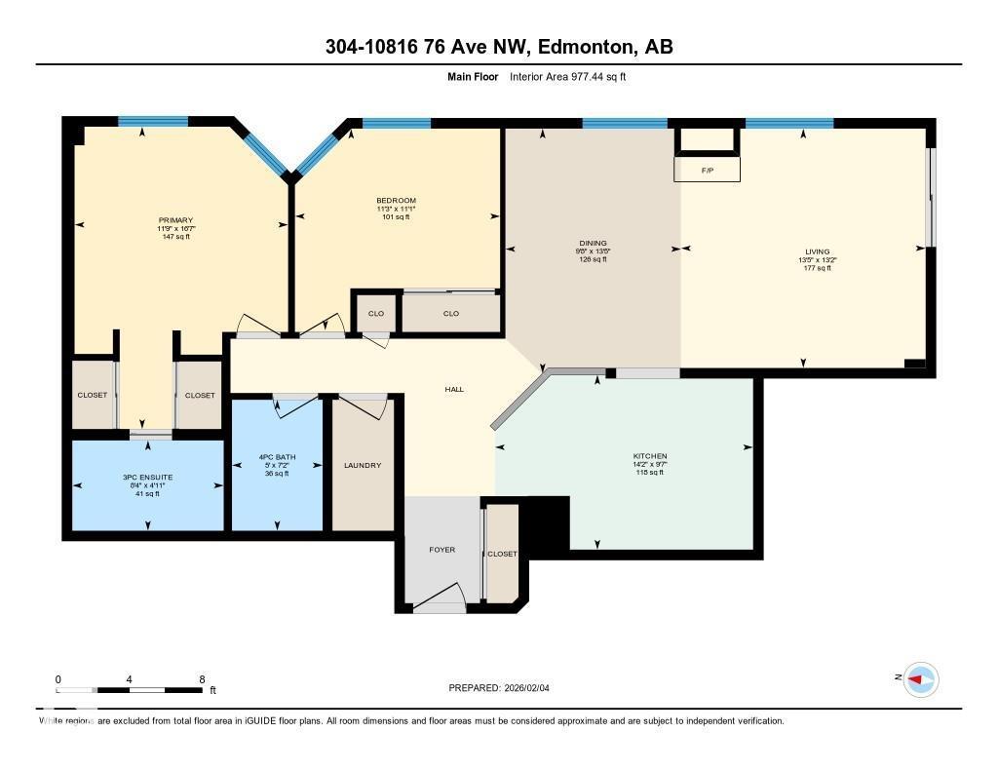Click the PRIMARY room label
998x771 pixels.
176,220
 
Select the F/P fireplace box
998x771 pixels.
708,170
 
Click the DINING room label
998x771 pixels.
593,244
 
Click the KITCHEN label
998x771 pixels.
649,456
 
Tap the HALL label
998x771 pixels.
454,389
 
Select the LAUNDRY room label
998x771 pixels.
362,466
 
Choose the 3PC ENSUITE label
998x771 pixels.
147,477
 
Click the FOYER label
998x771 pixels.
442,550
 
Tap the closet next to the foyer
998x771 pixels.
502,554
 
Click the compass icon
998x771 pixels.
920,679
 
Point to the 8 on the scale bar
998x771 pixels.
201,678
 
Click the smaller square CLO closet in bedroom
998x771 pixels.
375,313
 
